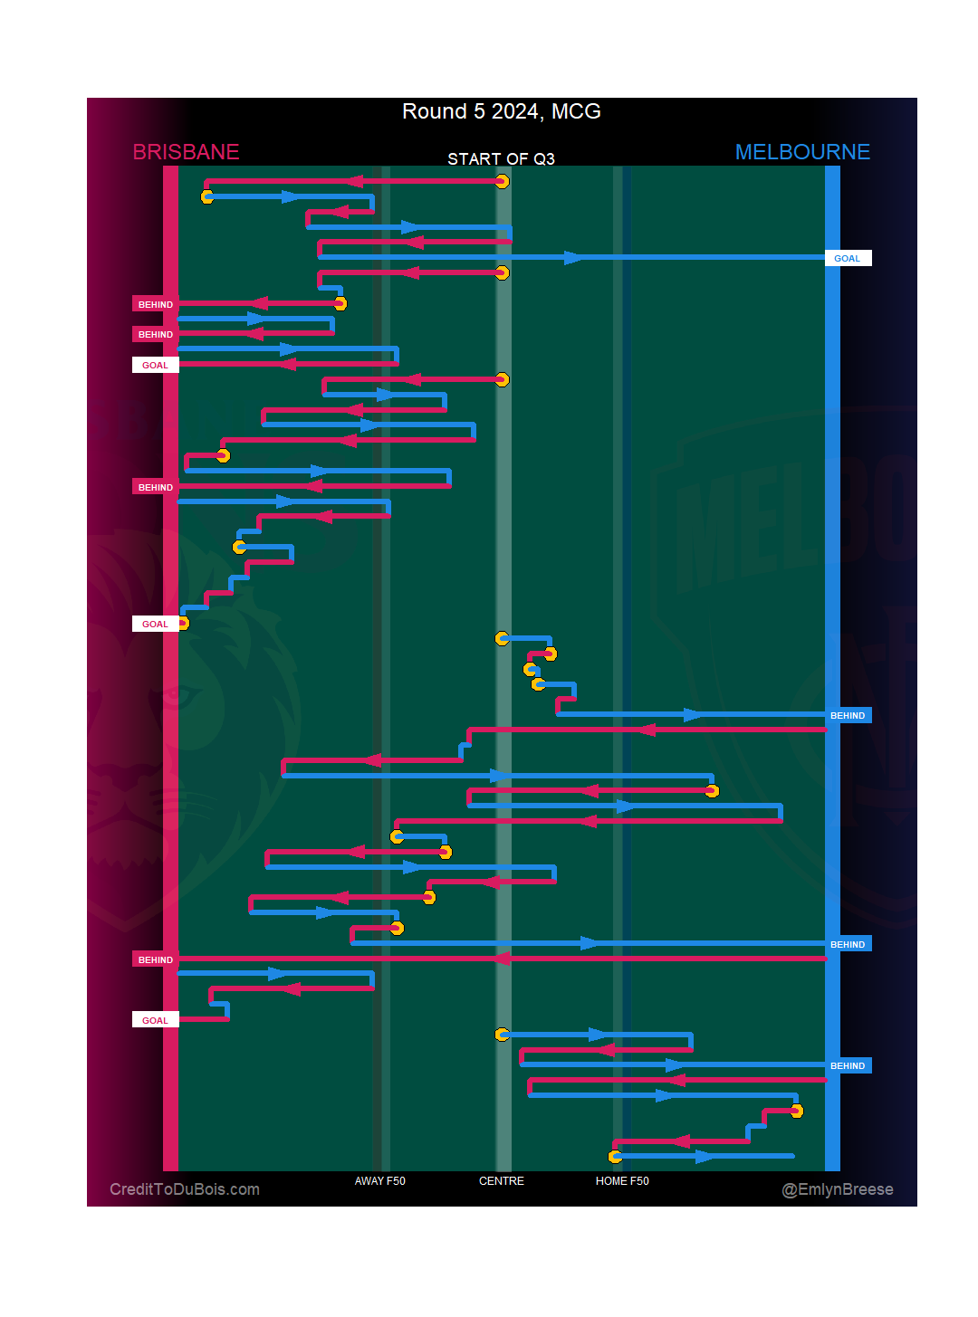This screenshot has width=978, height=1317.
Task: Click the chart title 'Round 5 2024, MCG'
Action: click(x=501, y=111)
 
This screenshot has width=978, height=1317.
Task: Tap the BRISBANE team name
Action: click(x=186, y=152)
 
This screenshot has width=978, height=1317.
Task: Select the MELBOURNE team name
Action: click(x=802, y=152)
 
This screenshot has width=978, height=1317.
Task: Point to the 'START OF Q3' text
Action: click(x=501, y=159)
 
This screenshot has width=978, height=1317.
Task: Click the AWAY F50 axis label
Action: click(x=379, y=1181)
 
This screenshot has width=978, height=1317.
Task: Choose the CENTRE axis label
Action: click(x=502, y=1181)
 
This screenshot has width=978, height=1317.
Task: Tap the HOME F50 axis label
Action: click(x=622, y=1181)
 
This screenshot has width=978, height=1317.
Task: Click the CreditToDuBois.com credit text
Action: click(x=185, y=1189)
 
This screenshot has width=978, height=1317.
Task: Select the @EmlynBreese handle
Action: click(x=838, y=1189)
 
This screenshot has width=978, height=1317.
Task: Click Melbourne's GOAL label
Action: click(x=848, y=258)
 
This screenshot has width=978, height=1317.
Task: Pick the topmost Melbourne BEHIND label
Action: click(x=848, y=715)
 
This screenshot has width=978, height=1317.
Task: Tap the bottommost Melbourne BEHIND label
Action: click(x=848, y=1065)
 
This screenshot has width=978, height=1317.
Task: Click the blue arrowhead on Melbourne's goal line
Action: click(x=574, y=258)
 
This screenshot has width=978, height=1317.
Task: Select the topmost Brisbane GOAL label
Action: click(x=156, y=365)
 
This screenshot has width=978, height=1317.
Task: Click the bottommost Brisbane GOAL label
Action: click(x=156, y=1020)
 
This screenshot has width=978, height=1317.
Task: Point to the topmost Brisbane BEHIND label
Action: click(x=156, y=304)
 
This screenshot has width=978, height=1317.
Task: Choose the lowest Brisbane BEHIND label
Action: click(x=156, y=959)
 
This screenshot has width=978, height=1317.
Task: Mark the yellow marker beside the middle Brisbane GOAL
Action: click(x=183, y=623)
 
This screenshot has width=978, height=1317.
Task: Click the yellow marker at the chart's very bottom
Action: click(x=616, y=1156)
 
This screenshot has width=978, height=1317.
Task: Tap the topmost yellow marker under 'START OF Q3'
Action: click(x=503, y=182)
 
